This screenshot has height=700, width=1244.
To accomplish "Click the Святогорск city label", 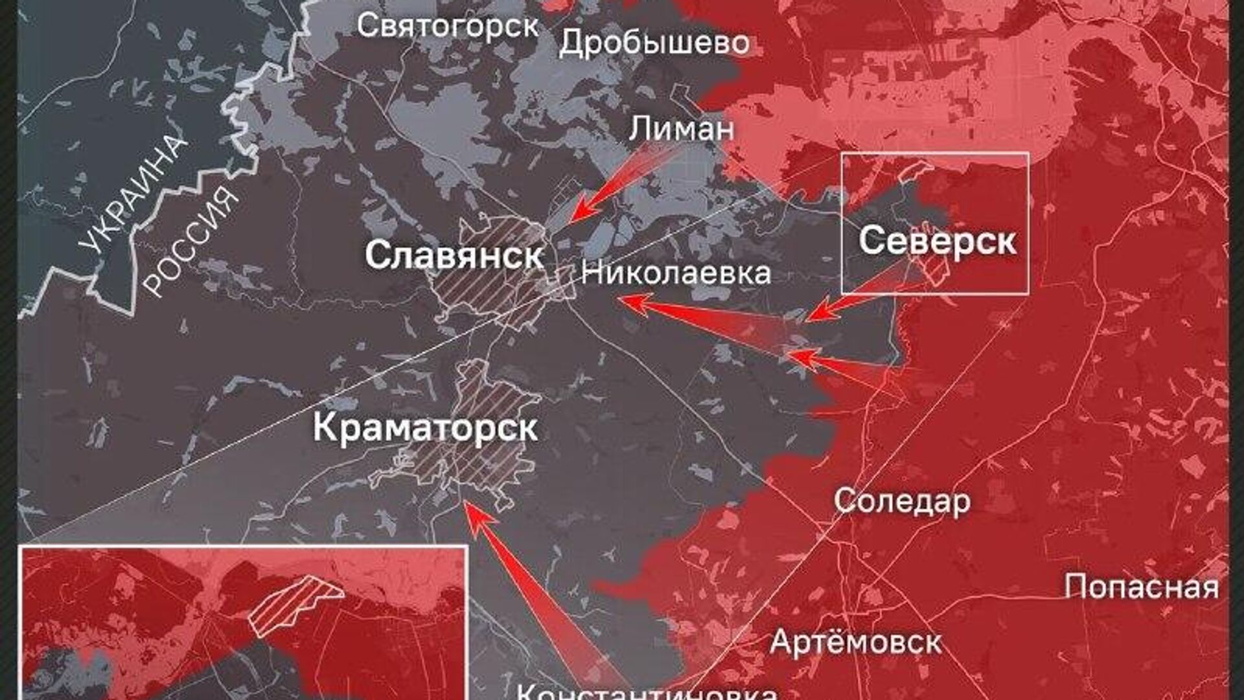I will pos(448,26).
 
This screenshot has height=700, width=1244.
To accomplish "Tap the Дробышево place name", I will pos(654,43).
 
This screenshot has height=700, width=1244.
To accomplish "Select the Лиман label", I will pos(681,128).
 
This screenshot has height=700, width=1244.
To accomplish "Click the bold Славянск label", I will pos(454,255).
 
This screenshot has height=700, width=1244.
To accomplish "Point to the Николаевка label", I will pos(676,273).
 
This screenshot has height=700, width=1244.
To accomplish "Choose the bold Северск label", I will pos(937,241).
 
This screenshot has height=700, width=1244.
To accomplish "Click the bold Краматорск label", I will pos(425,427).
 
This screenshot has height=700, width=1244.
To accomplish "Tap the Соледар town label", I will pos(902,501).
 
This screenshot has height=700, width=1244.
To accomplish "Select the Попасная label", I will pos(1141,587).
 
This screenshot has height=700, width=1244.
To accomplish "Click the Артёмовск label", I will pos(855,642).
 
